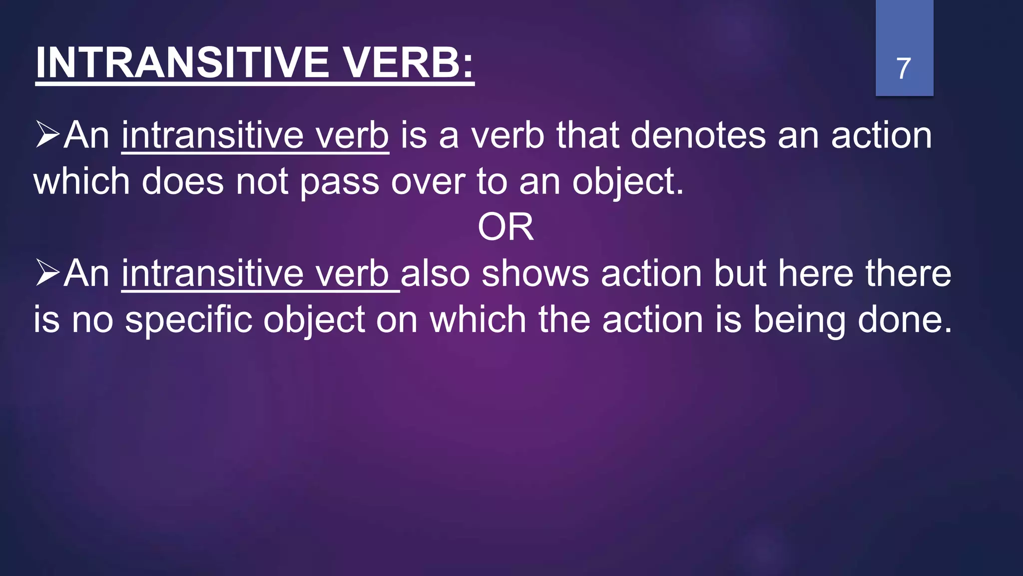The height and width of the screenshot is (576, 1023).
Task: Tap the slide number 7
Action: [904, 68]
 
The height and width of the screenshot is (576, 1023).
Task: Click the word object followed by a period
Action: [627, 181]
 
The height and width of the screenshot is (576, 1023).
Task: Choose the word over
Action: [428, 181]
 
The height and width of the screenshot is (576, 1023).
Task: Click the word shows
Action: [535, 273]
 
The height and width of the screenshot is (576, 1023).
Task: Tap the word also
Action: [435, 273]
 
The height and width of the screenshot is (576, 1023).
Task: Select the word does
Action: [182, 181]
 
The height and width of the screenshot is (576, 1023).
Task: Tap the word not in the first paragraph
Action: [262, 181]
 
